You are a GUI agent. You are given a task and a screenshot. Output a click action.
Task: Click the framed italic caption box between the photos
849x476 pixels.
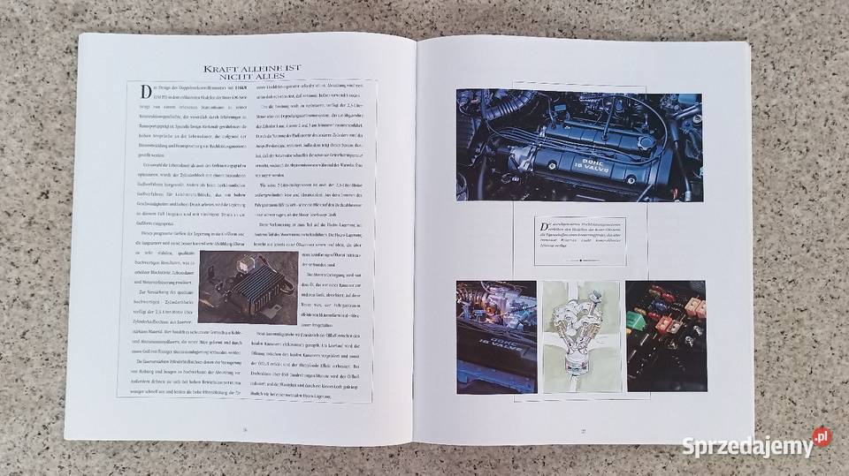[x=579, y=239]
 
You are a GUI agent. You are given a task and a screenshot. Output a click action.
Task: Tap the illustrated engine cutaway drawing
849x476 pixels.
[x=579, y=336]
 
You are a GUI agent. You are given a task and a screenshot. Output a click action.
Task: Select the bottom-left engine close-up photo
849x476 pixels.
[x=495, y=336]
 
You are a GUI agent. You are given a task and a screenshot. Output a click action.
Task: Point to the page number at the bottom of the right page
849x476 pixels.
[x=583, y=430]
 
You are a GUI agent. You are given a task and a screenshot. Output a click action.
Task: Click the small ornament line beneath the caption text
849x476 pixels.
[x=579, y=261]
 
